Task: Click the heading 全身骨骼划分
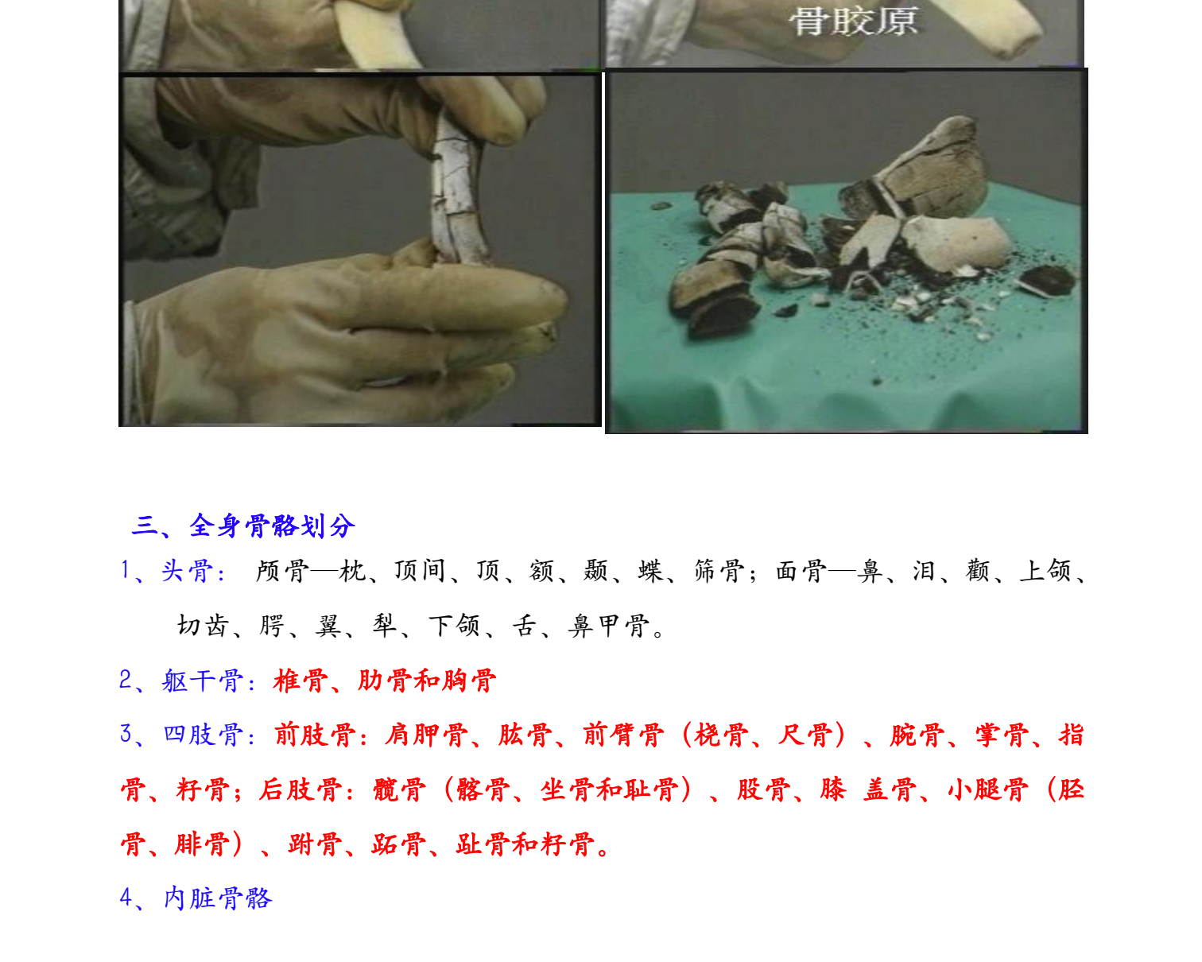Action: (x=272, y=526)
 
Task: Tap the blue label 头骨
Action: (x=187, y=571)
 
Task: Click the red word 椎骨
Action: (x=300, y=681)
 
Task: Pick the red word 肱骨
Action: (x=525, y=735)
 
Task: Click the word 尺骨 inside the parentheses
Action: (x=805, y=735)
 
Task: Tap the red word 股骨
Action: (x=763, y=789)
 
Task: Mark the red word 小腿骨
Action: (x=987, y=789)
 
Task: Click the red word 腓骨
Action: (x=202, y=844)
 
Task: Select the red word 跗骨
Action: (x=315, y=844)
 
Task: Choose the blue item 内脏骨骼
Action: (x=218, y=898)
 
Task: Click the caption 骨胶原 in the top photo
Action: (x=853, y=21)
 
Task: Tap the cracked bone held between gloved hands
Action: (x=457, y=191)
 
